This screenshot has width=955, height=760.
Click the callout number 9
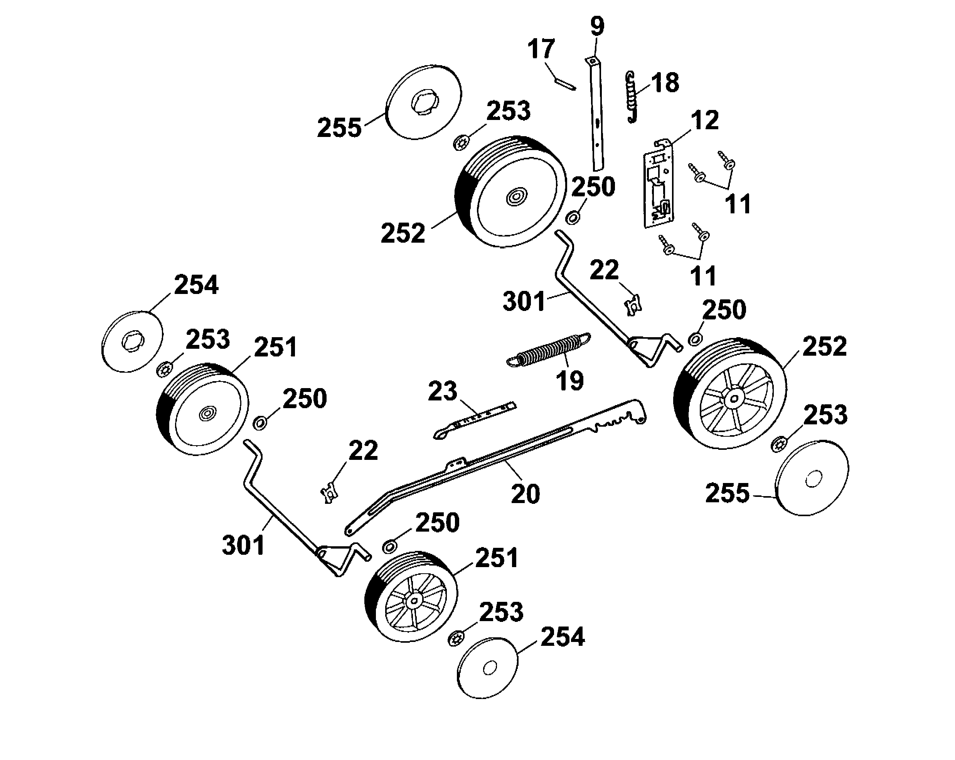coord(597,27)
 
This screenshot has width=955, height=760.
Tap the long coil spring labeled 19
coord(548,350)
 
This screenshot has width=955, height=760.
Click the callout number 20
coord(526,494)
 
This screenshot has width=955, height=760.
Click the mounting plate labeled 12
coord(659,188)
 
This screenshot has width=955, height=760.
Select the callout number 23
coord(443,391)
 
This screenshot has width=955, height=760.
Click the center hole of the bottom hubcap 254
coord(490,668)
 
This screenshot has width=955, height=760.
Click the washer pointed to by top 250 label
coord(574,218)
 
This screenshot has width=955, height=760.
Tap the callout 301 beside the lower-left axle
coord(243,545)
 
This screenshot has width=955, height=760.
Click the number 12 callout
coord(705,120)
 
